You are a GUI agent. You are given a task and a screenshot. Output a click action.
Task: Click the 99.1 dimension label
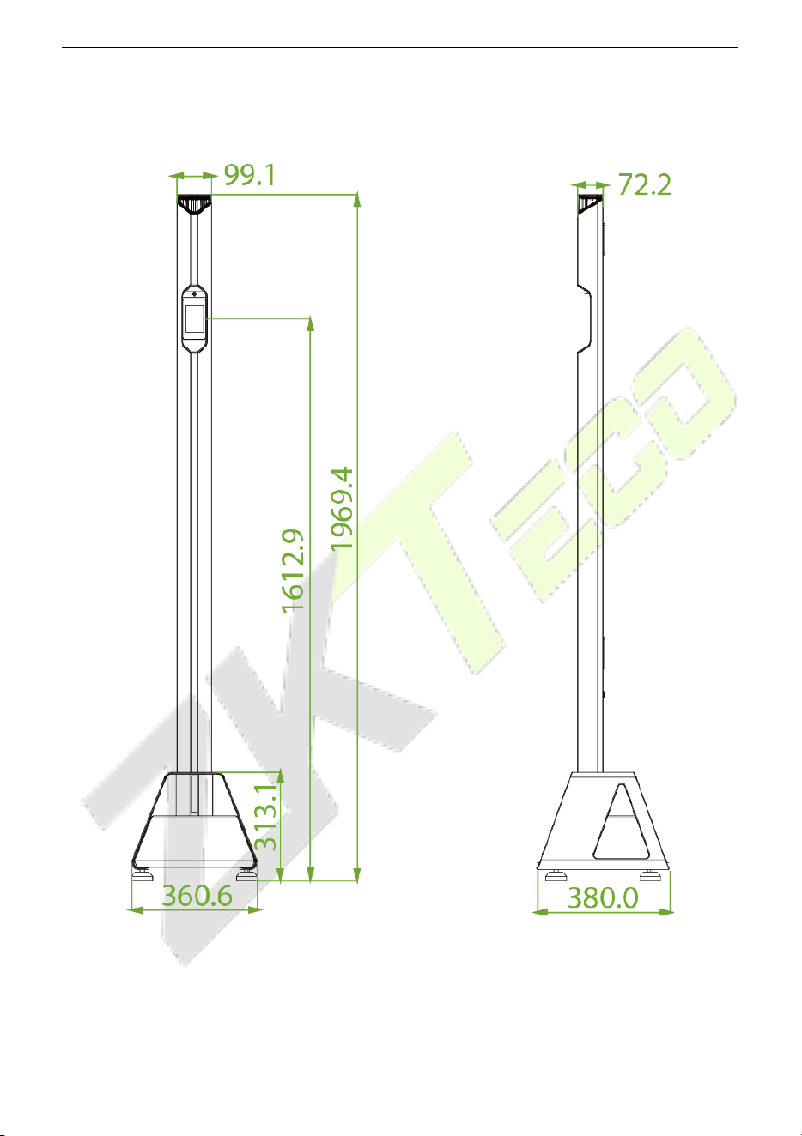pyautogui.click(x=250, y=176)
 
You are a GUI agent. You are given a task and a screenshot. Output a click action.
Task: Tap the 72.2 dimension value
pyautogui.click(x=645, y=184)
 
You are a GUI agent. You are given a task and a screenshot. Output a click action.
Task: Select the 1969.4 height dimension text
pyautogui.click(x=342, y=509)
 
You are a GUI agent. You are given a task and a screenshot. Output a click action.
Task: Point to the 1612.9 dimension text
pyautogui.click(x=293, y=571)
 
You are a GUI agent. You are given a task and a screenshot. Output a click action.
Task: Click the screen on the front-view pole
pyautogui.click(x=194, y=318)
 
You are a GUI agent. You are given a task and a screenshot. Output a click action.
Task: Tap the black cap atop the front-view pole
pyautogui.click(x=194, y=204)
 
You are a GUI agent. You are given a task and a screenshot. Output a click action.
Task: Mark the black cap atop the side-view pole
pyautogui.click(x=588, y=204)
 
